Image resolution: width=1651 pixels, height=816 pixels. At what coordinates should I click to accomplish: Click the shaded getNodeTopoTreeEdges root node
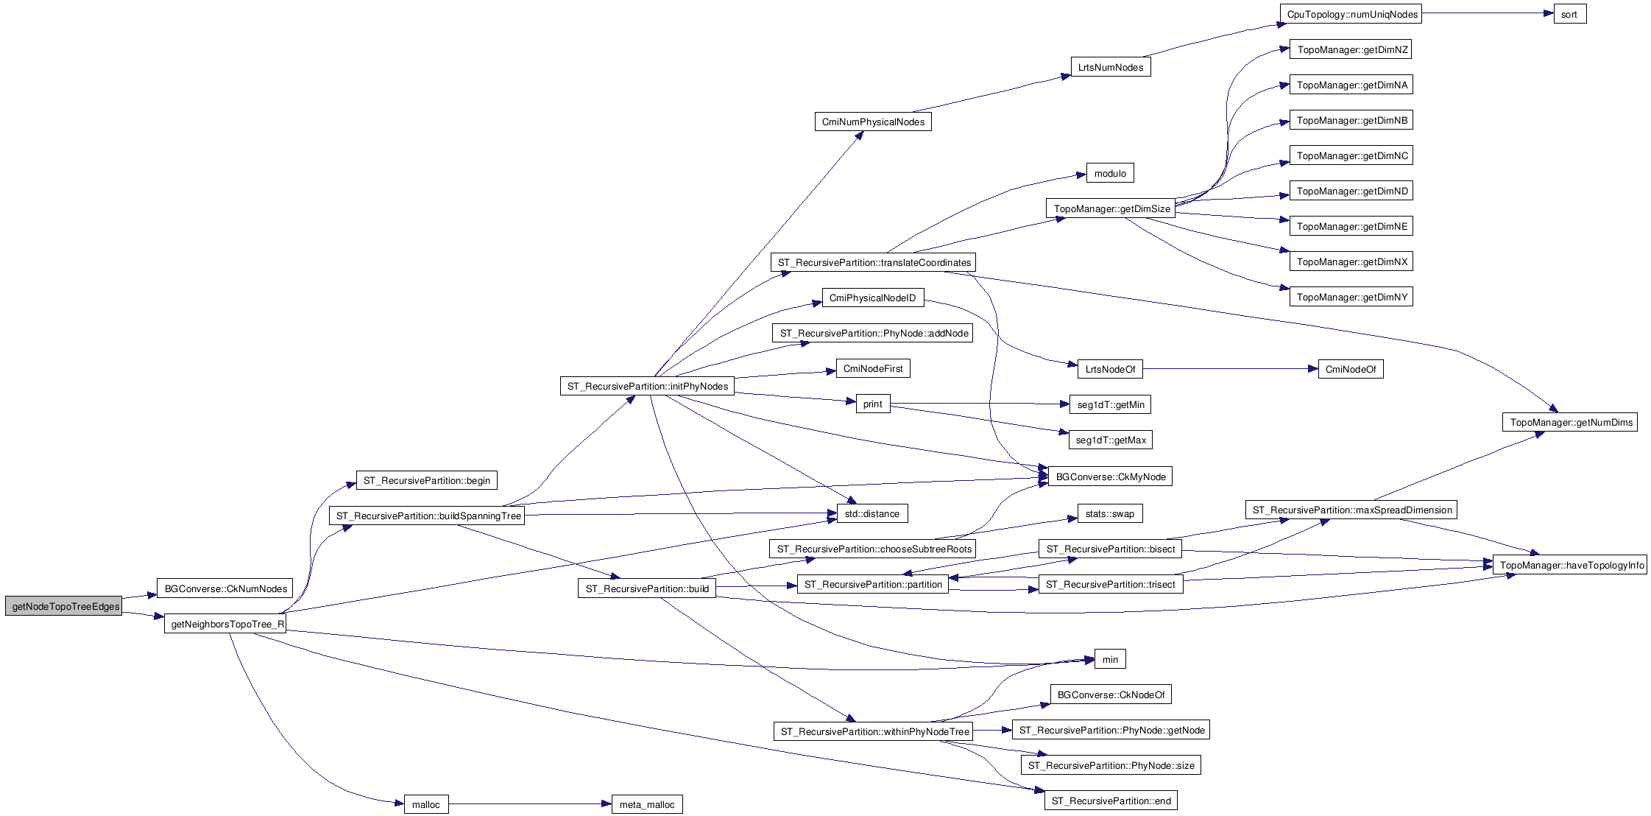tap(63, 607)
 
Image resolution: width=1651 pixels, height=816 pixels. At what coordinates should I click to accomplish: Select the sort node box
tap(1569, 15)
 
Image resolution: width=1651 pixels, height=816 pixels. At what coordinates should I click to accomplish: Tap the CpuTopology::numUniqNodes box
tap(1351, 15)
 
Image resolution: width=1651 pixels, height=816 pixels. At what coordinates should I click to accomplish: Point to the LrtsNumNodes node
tap(1110, 68)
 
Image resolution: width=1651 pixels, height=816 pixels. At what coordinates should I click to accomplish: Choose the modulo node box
tap(1110, 174)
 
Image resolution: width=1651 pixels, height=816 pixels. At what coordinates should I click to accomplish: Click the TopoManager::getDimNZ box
tap(1351, 50)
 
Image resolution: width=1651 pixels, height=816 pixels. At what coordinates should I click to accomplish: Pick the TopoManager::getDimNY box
tap(1351, 298)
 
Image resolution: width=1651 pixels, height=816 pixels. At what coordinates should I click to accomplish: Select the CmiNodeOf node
tap(1350, 370)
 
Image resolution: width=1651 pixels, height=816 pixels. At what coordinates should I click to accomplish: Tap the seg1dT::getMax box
tap(1110, 440)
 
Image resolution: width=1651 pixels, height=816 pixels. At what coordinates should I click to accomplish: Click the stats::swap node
tap(1109, 514)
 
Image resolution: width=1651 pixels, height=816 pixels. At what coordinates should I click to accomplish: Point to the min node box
tap(1110, 660)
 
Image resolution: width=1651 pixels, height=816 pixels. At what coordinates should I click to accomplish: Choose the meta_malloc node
tap(646, 805)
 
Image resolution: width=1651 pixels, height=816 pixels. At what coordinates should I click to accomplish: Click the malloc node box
tap(425, 805)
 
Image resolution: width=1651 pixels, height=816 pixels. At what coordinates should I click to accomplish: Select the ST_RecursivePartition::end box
tap(1111, 801)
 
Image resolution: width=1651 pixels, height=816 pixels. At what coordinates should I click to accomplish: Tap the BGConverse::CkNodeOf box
tap(1110, 695)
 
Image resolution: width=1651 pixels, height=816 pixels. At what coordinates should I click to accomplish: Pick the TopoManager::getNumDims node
tap(1569, 423)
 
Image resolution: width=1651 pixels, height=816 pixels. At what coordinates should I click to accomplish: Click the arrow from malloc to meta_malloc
tap(530, 804)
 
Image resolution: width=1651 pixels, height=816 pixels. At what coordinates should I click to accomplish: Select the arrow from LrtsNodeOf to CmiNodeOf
tap(1229, 369)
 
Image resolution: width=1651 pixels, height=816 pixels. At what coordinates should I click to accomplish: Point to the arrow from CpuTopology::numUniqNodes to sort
tap(1487, 13)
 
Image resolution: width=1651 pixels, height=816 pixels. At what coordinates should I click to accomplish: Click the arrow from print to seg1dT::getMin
tap(979, 404)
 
